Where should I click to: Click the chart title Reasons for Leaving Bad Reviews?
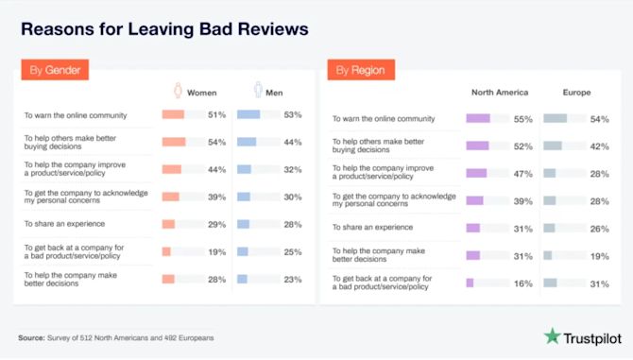point(164,29)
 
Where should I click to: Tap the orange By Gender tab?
point(55,70)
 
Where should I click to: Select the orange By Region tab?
point(361,70)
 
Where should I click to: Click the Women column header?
point(202,93)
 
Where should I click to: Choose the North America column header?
point(499,93)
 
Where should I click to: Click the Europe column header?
point(577,93)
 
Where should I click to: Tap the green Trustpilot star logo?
point(552,335)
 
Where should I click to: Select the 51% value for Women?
point(216,114)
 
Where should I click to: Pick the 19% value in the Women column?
point(216,251)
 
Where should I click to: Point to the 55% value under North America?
point(522,119)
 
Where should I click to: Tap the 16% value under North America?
point(522,283)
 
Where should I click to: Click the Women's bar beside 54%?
point(174,142)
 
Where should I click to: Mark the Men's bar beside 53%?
point(248,114)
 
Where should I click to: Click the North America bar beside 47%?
point(477,173)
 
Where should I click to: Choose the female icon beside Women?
point(177,92)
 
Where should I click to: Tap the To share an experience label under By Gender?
point(63,224)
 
